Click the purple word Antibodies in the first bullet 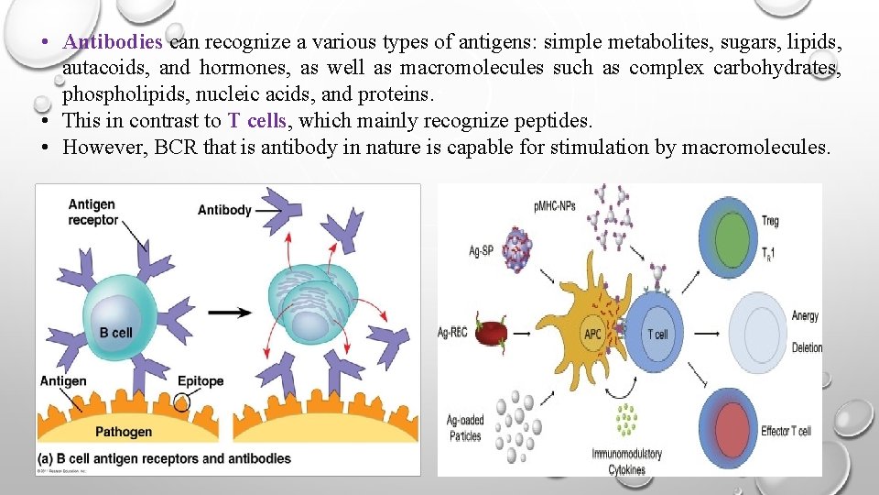114,42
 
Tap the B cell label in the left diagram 116,333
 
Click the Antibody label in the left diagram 224,210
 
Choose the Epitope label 201,381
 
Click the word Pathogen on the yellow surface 125,432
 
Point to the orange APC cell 591,330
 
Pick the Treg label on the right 770,220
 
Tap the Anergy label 805,316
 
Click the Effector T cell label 786,430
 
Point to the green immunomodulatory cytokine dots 626,421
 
